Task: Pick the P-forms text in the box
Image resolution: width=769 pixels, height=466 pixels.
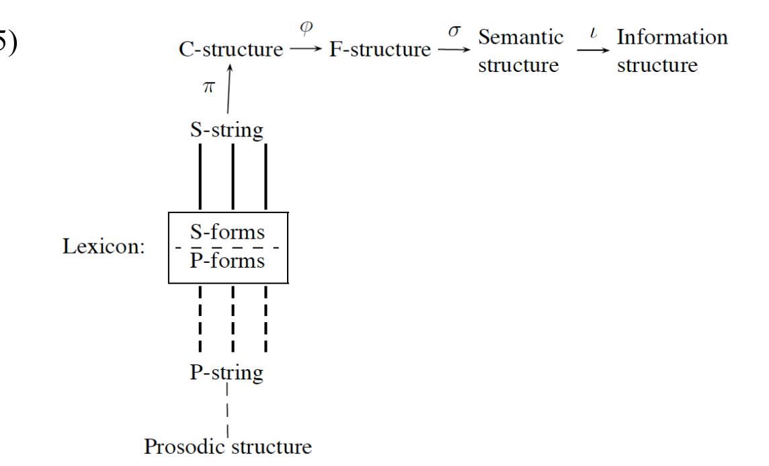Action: [x=227, y=260]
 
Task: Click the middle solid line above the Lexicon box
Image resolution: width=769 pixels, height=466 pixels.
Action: [x=233, y=176]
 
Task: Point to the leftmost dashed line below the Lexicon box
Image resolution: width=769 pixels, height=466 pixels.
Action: [x=200, y=319]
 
